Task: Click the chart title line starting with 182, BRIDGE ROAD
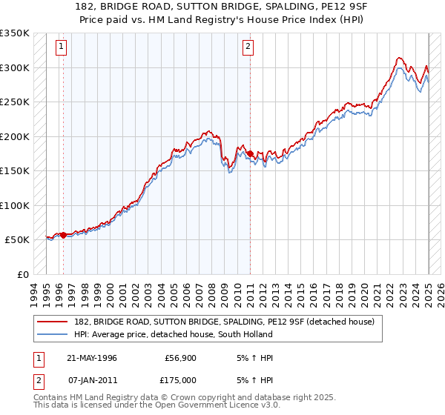point(222,7)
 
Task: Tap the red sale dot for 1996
point(63,235)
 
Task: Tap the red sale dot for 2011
point(250,154)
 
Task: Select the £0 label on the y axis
point(22,274)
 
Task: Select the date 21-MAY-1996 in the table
point(91,358)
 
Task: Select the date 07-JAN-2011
point(91,379)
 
